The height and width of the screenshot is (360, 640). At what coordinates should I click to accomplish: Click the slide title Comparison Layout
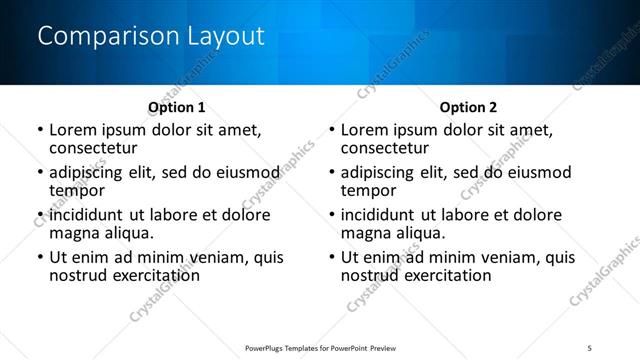click(x=150, y=37)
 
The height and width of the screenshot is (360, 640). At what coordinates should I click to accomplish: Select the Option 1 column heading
click(x=177, y=107)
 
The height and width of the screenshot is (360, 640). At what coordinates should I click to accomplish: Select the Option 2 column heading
click(x=468, y=107)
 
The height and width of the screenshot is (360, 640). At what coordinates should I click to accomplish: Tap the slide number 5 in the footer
click(x=590, y=347)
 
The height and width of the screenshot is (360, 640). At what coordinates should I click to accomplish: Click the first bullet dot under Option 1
click(x=40, y=131)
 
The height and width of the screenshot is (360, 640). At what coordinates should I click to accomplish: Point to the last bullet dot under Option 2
click(x=332, y=257)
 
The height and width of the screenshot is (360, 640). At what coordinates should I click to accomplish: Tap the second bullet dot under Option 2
click(x=332, y=173)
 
